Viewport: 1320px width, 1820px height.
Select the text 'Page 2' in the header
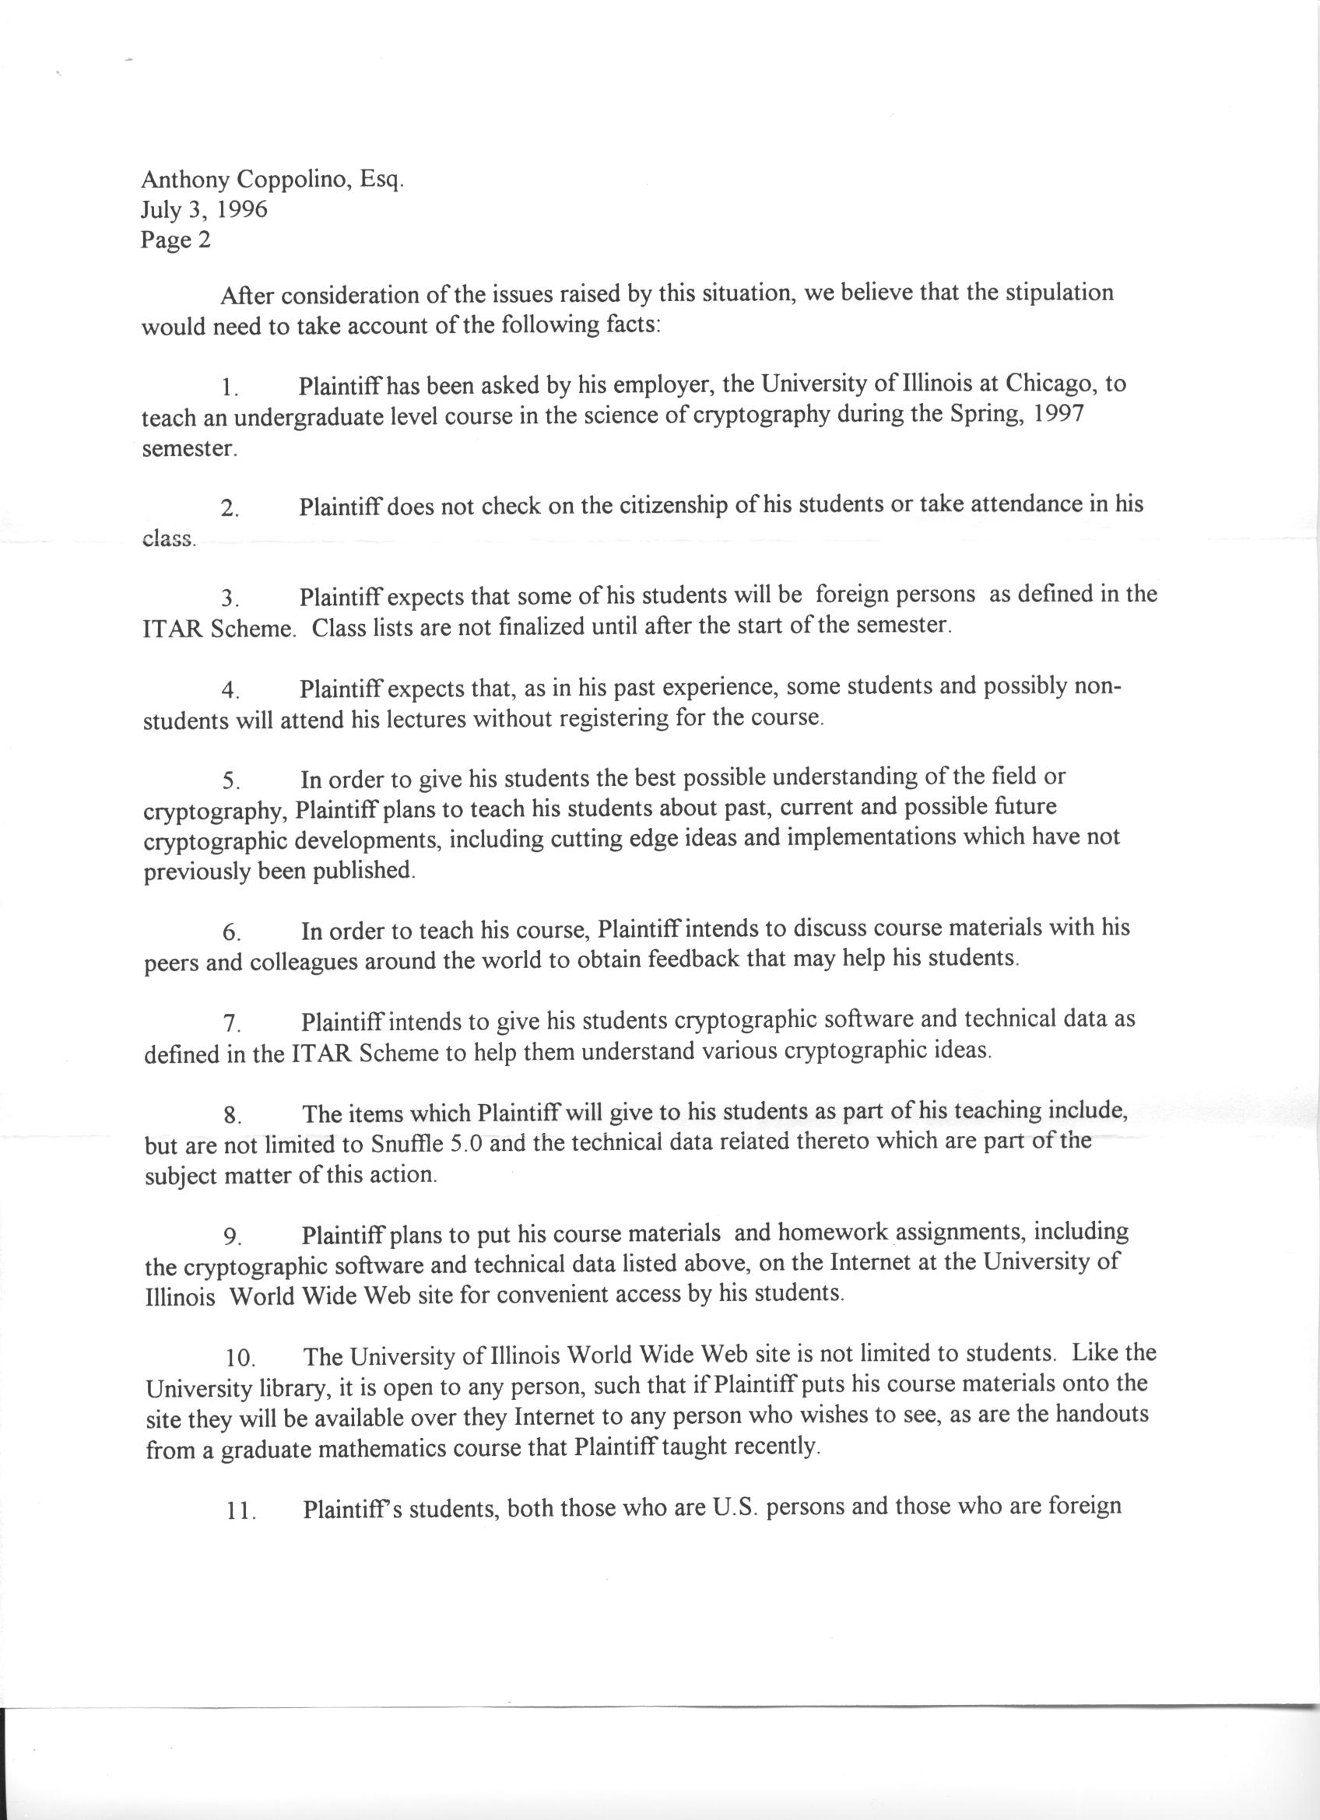[x=176, y=240]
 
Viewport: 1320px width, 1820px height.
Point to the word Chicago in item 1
[x=1051, y=384]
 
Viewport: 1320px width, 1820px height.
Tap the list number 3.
[x=230, y=598]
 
